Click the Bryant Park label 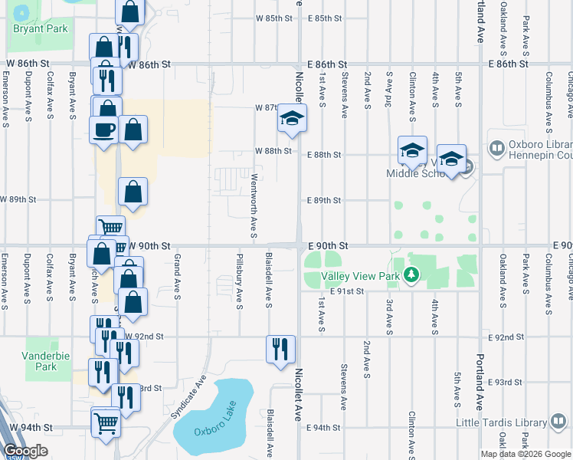[x=41, y=29]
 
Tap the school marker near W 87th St [x=292, y=118]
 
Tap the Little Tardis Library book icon [x=558, y=422]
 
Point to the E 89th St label [x=323, y=200]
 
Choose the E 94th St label [x=323, y=428]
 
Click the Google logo [x=25, y=451]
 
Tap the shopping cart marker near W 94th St [x=106, y=422]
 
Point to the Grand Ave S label [x=177, y=274]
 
